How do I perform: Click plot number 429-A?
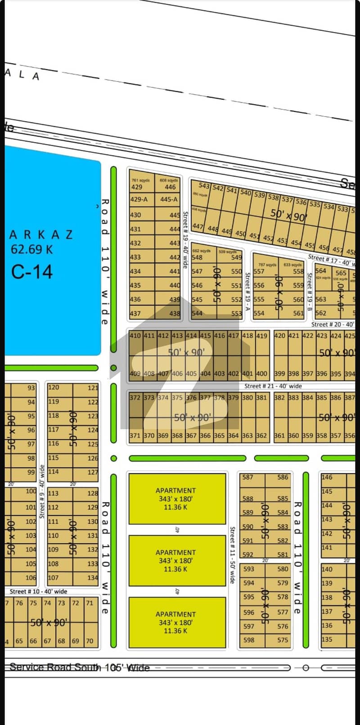139,199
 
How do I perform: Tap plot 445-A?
169,199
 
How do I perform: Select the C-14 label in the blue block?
32,272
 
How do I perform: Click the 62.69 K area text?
31,249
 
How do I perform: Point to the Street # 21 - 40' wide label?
273,386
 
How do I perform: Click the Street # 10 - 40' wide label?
38,591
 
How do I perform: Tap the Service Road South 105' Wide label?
79,667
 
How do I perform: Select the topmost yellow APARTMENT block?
177,499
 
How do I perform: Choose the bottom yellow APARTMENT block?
177,622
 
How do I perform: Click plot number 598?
248,640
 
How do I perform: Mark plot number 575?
283,640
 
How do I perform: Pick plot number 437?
135,314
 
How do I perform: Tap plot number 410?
135,336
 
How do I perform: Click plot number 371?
135,436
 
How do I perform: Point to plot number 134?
93,577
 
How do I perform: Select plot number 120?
54,387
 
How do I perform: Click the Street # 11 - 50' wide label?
232,555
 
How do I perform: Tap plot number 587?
247,477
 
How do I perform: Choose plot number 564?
320,271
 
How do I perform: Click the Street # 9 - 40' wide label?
42,491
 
